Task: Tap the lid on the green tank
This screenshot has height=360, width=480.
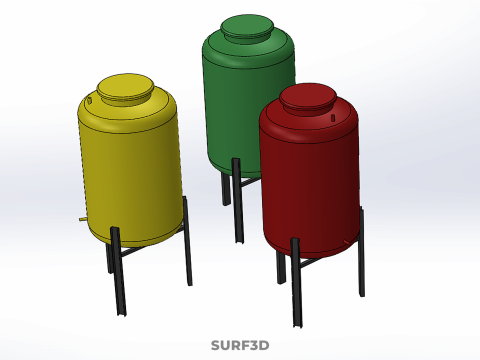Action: [247, 26]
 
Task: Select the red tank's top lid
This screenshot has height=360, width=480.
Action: [307, 96]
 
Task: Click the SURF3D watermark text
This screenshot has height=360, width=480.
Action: [240, 345]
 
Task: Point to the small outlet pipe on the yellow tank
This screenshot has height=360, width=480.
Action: [83, 219]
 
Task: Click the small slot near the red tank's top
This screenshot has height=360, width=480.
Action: [333, 118]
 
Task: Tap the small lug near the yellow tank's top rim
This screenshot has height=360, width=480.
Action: [89, 100]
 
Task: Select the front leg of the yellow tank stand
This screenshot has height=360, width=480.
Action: [118, 271]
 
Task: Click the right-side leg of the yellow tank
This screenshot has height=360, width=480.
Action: [187, 241]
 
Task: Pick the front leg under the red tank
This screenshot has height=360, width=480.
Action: [296, 282]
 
